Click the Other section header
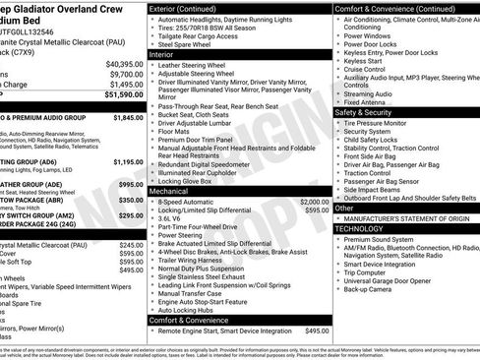click(345, 209)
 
